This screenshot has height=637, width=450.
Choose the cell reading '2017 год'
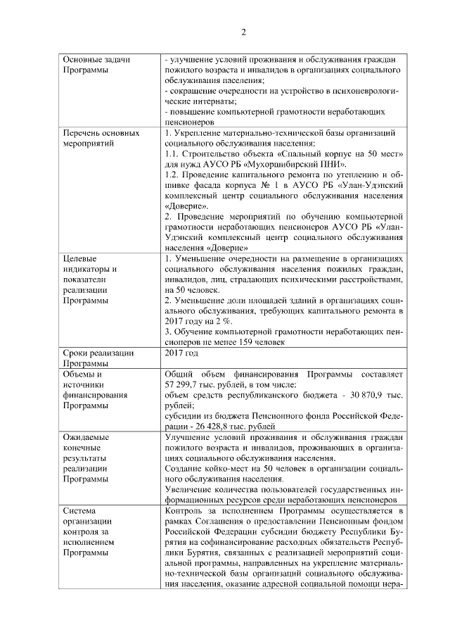[181, 353]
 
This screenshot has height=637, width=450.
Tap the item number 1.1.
[171, 153]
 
